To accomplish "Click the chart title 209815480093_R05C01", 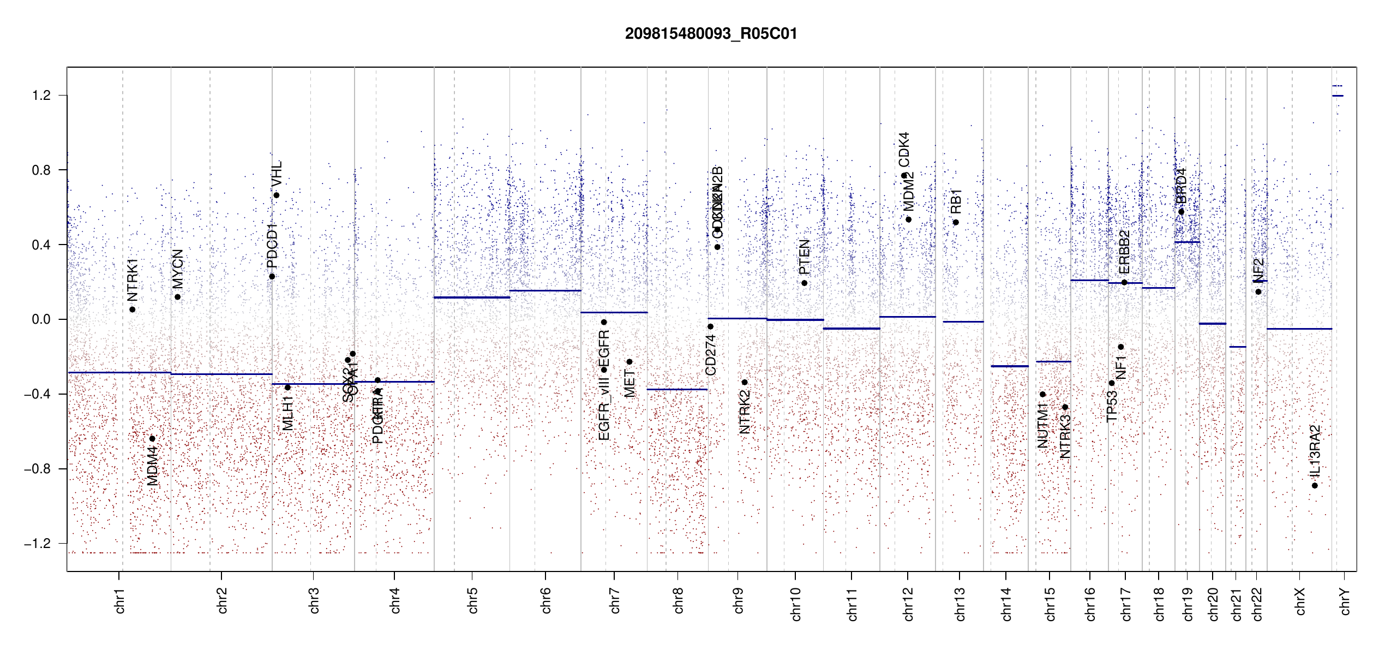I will (x=711, y=34).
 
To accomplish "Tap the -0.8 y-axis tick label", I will (x=37, y=469).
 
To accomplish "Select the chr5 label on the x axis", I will (x=472, y=600).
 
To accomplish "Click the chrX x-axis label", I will (x=1300, y=602).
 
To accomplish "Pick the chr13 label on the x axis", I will (x=960, y=604).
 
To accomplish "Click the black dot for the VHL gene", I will (x=277, y=195).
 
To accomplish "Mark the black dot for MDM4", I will (x=152, y=438).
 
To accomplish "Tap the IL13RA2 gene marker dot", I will (x=1315, y=485).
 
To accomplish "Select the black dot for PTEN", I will (x=804, y=283).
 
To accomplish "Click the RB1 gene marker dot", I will (x=956, y=222).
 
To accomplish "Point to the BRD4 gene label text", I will (x=1181, y=186).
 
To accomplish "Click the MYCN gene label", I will (x=178, y=269).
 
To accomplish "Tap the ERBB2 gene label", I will (x=1124, y=252).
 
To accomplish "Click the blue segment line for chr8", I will (x=677, y=389).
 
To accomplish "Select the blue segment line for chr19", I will (x=1187, y=242).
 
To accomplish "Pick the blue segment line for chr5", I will (x=472, y=297).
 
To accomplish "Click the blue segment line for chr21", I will (x=1238, y=347).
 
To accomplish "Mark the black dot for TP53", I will (x=1112, y=383).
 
